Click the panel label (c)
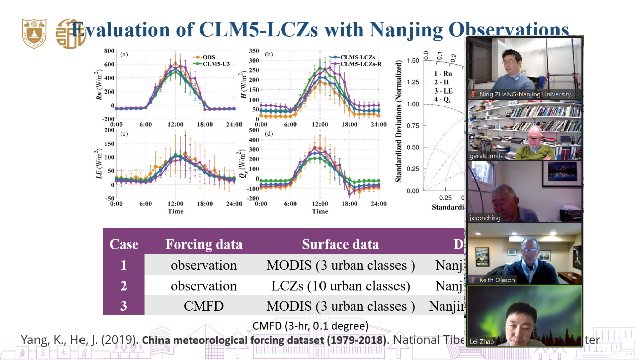[x=124, y=133]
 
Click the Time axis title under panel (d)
[x=320, y=211]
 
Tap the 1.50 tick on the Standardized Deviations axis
[x=412, y=61]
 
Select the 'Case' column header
[x=124, y=244]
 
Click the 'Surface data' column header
[x=340, y=244]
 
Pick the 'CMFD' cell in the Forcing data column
[x=203, y=306]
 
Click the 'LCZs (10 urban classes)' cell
[x=340, y=286]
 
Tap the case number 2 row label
[x=124, y=286]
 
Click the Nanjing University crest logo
[x=34, y=33]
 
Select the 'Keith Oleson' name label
[x=497, y=280]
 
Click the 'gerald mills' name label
[x=486, y=156]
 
